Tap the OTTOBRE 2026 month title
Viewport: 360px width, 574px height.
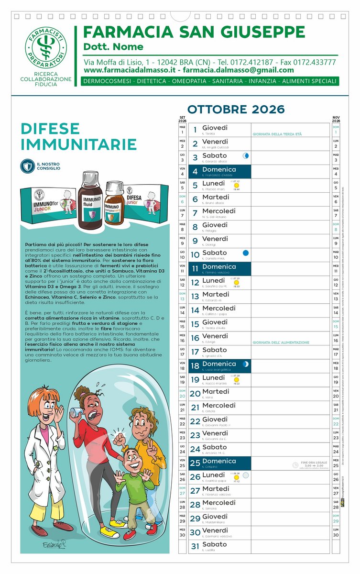(x=236, y=110)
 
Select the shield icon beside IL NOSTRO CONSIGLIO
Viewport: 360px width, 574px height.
(x=27, y=166)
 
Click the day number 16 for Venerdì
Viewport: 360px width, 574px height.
(x=195, y=338)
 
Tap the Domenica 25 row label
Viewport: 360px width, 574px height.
(x=219, y=461)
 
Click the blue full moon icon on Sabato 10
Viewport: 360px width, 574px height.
(x=246, y=253)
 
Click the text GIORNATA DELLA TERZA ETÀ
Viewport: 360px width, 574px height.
(x=277, y=134)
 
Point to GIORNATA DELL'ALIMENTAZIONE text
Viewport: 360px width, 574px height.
(x=281, y=342)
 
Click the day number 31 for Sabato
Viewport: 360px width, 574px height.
(x=195, y=546)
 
